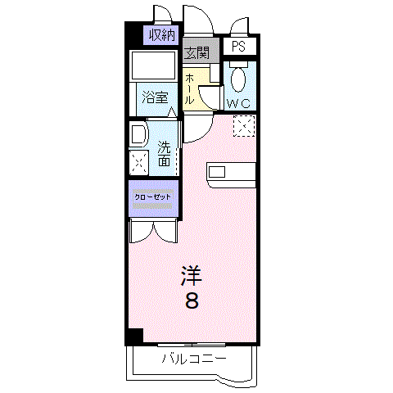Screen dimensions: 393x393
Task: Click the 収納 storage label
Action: [162, 35]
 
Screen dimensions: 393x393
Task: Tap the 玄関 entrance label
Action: [196, 52]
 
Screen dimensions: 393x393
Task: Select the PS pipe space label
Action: [238, 47]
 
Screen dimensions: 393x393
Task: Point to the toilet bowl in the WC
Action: [238, 79]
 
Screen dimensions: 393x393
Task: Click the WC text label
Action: [238, 103]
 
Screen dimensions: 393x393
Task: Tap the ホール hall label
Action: [189, 89]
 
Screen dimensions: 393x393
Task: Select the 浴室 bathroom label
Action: [155, 98]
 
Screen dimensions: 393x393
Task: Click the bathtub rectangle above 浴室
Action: [153, 65]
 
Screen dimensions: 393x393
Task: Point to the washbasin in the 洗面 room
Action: [139, 133]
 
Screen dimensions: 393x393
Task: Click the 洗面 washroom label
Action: [165, 154]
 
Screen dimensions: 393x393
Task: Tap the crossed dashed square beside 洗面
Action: [139, 163]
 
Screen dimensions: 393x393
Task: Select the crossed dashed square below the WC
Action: [244, 126]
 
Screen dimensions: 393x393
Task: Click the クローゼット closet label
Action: [152, 197]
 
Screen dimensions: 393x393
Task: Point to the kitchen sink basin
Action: [217, 172]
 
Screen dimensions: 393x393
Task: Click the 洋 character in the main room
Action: [192, 275]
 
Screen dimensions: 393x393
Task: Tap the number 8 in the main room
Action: [192, 300]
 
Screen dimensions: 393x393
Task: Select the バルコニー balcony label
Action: [194, 359]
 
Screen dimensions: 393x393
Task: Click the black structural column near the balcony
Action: [134, 337]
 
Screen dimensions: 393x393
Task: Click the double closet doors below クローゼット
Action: [154, 232]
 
